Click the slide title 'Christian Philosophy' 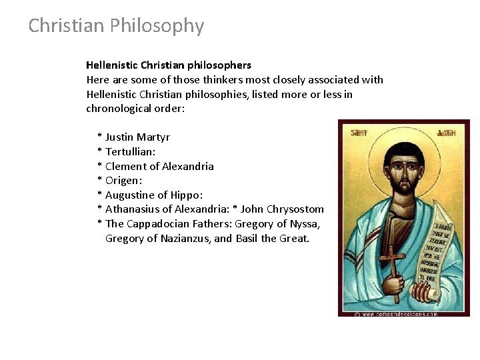click(x=116, y=26)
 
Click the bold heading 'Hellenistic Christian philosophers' click(x=169, y=65)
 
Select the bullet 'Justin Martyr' click(x=137, y=137)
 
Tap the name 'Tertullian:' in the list click(x=131, y=152)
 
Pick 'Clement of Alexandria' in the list click(x=159, y=167)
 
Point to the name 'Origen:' click(x=124, y=181)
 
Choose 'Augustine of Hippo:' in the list click(x=153, y=195)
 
